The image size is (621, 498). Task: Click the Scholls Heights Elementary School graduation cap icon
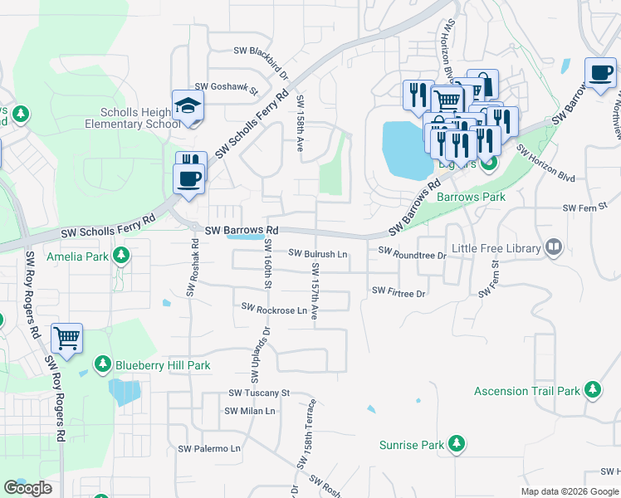(x=188, y=107)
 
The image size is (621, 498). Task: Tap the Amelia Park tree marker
(x=121, y=256)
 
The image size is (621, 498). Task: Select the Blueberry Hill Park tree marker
(x=102, y=364)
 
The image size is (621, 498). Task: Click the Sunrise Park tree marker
(x=456, y=445)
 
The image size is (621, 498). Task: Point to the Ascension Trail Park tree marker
(x=592, y=390)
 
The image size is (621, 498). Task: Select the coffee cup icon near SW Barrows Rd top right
(x=600, y=73)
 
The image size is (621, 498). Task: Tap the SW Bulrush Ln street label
(x=318, y=253)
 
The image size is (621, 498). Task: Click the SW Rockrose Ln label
(x=274, y=309)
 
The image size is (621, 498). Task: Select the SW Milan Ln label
(x=249, y=411)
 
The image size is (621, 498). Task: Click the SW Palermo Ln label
(x=209, y=448)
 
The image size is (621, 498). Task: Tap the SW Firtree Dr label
(x=399, y=291)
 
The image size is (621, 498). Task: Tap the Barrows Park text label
(x=471, y=198)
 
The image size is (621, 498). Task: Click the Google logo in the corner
(x=27, y=488)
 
